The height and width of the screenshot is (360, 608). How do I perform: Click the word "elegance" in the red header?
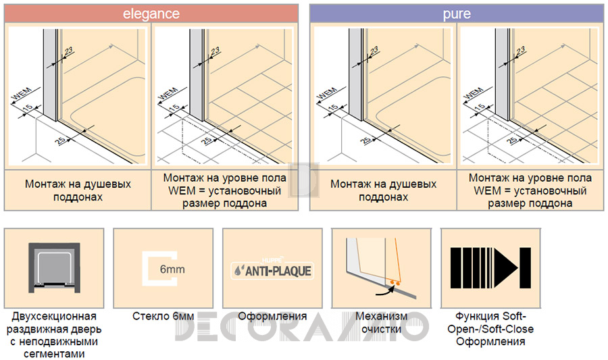coord(151,14)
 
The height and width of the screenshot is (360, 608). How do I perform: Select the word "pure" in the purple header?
coord(457,14)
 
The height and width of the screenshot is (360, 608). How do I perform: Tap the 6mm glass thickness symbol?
coord(162,269)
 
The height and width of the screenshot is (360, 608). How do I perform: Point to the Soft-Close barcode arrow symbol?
coord(490,268)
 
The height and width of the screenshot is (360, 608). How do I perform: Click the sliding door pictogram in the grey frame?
coord(54,267)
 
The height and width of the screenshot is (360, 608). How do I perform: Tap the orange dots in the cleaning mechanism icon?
coord(394,283)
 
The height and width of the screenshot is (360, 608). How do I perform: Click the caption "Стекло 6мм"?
coord(163,317)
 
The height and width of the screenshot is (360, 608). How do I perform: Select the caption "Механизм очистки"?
coord(382,323)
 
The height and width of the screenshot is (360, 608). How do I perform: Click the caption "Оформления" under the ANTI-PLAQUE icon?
coord(272,317)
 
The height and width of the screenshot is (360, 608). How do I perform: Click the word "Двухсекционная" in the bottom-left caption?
coord(54,317)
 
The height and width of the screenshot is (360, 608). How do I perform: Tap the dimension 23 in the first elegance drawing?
coord(69,51)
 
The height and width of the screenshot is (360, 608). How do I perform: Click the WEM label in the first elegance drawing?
coord(22,93)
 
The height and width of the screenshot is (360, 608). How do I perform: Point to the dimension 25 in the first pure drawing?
coord(365,140)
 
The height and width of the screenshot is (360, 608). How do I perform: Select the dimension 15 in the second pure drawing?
coord(480,106)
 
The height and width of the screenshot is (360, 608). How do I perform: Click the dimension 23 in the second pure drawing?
coord(521,51)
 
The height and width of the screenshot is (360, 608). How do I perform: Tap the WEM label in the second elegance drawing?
coord(168,93)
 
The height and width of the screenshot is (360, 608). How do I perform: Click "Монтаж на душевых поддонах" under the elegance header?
coord(78,190)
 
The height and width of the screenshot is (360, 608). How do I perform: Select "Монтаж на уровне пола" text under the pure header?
coord(530,178)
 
